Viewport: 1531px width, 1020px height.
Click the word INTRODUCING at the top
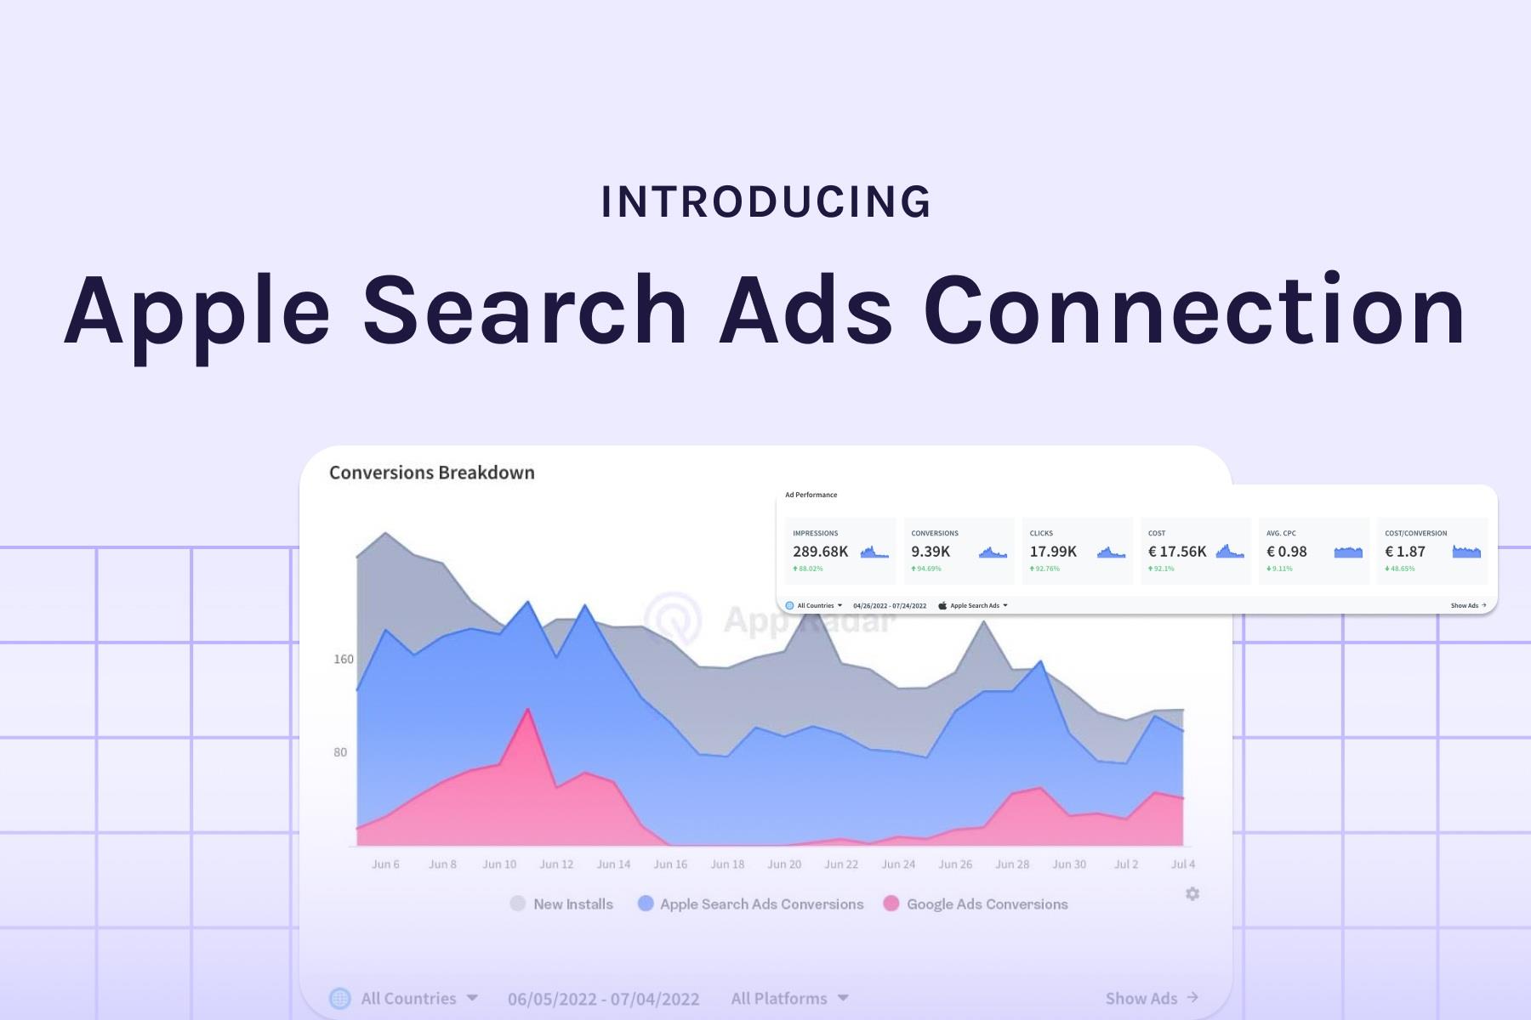(766, 202)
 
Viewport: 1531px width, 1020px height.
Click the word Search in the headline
(525, 310)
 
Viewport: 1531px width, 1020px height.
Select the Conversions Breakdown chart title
(431, 473)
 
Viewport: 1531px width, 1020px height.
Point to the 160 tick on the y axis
(343, 659)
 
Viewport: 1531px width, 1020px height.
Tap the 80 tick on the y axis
(340, 752)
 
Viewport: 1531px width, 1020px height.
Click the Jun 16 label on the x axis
(670, 864)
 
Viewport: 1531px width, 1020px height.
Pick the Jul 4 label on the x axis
(1183, 864)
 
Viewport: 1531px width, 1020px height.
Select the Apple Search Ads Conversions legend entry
(751, 904)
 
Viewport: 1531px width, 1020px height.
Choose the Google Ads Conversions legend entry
(976, 904)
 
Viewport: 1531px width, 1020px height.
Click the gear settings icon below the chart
(1192, 893)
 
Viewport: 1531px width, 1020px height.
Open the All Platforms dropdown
(789, 999)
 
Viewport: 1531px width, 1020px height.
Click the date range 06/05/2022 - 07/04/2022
(603, 999)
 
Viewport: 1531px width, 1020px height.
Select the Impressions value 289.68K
(820, 552)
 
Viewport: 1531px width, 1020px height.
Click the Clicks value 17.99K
(1053, 552)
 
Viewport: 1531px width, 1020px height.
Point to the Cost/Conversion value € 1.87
(1405, 552)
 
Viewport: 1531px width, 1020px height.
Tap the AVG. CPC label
(1281, 533)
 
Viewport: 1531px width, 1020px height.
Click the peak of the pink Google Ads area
(528, 709)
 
